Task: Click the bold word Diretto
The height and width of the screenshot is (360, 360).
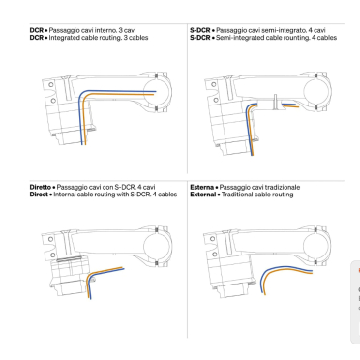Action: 41,187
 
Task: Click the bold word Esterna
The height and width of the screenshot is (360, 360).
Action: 201,187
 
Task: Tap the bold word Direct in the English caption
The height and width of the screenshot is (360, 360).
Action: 39,195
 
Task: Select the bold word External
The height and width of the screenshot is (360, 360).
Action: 203,195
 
